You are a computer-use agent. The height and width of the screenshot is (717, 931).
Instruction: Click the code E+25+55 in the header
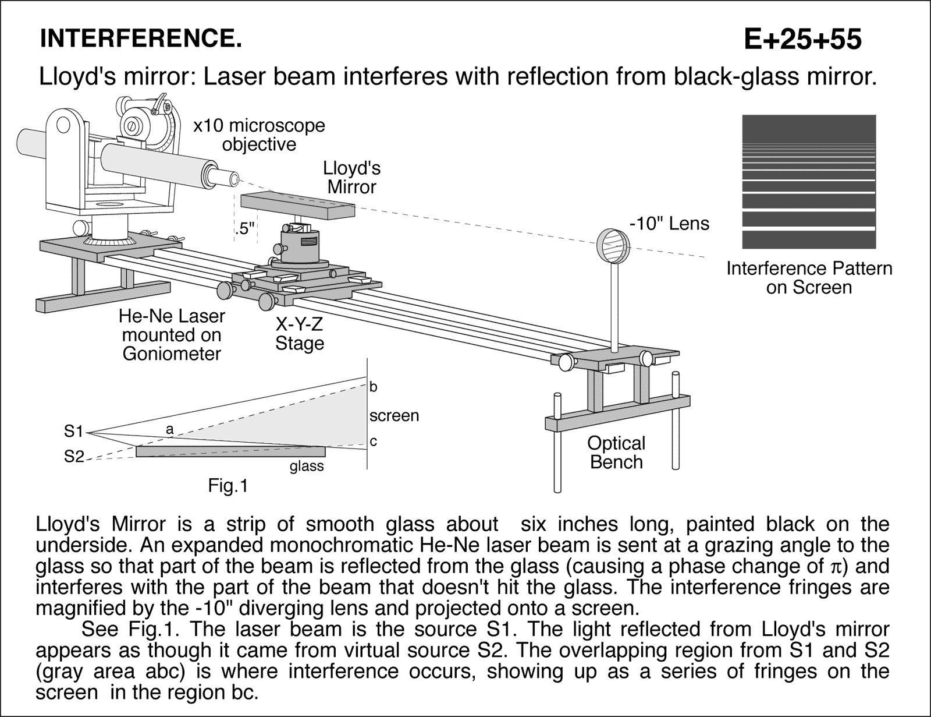[802, 40]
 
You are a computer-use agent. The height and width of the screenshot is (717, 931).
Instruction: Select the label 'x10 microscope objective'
[259, 135]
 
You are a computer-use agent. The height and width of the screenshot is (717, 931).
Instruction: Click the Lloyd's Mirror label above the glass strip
[351, 178]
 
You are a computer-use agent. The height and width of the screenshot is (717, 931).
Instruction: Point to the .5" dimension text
[244, 229]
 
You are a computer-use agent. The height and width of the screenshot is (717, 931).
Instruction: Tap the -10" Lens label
[669, 224]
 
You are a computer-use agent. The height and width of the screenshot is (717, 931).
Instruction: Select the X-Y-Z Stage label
[299, 334]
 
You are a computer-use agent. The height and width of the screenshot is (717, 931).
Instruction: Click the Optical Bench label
[616, 453]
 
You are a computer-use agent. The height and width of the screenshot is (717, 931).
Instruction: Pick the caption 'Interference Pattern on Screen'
[809, 278]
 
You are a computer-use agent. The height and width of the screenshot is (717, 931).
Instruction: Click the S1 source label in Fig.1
[74, 432]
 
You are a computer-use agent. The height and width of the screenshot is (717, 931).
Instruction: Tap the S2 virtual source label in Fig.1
[74, 457]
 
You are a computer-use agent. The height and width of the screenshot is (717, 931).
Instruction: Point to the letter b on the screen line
[374, 387]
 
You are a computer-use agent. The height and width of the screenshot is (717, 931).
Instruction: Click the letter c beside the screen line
[374, 442]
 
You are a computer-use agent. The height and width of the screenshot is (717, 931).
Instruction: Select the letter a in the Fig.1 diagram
[169, 430]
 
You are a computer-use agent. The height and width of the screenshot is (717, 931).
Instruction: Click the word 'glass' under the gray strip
[307, 467]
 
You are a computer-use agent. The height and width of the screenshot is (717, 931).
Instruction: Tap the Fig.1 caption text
[228, 485]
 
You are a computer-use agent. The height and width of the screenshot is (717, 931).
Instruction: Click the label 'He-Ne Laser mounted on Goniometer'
[172, 335]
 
